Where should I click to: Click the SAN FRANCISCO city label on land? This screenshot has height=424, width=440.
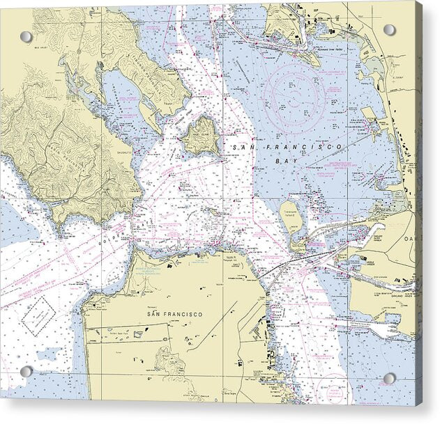click(x=174, y=315)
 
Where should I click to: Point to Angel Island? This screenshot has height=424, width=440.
click(x=201, y=134)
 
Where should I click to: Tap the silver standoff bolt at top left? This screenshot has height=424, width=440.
click(x=26, y=37)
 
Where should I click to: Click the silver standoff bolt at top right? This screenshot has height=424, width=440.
click(x=389, y=30)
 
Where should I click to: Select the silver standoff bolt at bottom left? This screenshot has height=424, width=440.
click(x=26, y=372)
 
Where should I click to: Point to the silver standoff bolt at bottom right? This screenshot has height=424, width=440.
click(x=389, y=379)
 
